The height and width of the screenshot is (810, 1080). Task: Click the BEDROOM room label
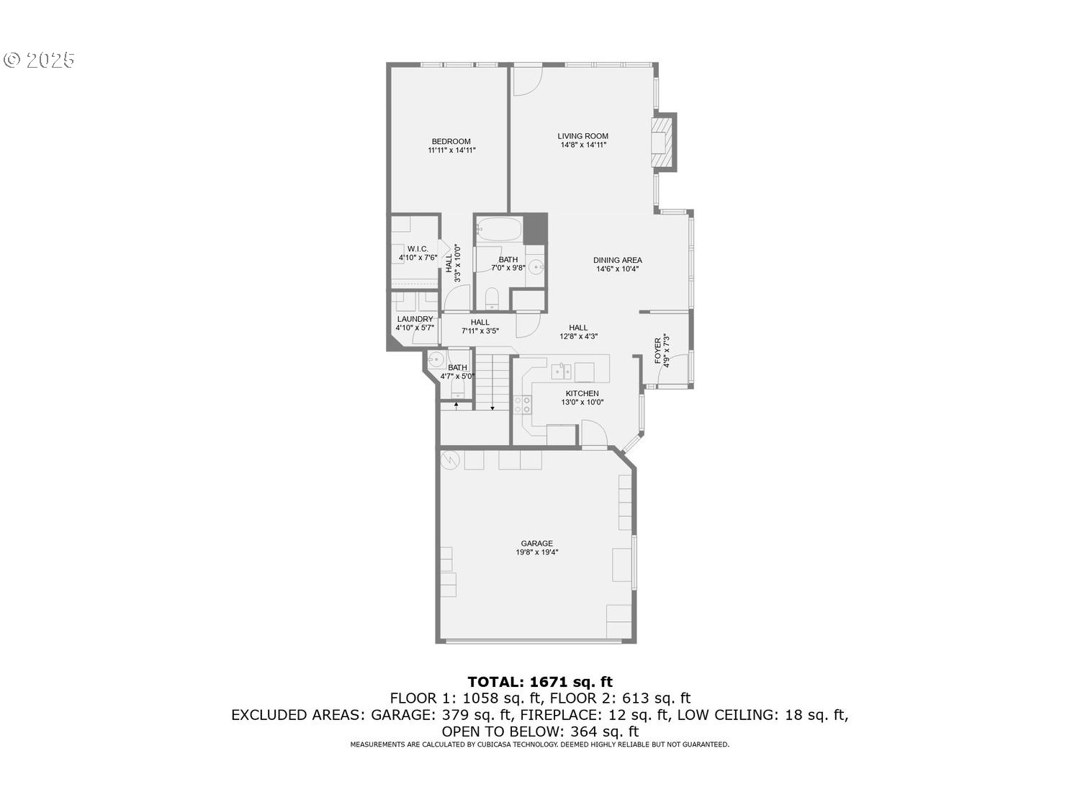[451, 141]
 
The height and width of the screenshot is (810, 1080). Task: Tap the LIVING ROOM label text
[582, 136]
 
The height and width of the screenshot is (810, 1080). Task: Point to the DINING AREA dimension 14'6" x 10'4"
[617, 269]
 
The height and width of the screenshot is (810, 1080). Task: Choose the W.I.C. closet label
[417, 249]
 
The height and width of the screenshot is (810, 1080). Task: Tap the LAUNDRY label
[415, 319]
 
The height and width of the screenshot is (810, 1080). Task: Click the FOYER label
[657, 351]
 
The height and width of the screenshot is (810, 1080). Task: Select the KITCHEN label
[582, 393]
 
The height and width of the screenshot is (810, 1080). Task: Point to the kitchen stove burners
[523, 405]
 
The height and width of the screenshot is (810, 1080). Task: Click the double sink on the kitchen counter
[561, 372]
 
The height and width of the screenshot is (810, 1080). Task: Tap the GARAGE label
[537, 544]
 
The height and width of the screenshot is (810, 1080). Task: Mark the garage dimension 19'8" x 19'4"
[537, 552]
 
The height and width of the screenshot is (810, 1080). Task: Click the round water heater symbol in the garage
[450, 460]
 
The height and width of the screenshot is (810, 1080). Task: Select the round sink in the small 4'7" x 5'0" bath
[436, 359]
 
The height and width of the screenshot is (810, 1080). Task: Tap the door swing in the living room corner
[528, 81]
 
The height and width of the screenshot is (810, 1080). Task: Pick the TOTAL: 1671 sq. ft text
[540, 682]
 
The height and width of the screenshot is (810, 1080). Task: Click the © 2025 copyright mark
[39, 60]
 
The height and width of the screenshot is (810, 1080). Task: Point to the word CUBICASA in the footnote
[494, 744]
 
